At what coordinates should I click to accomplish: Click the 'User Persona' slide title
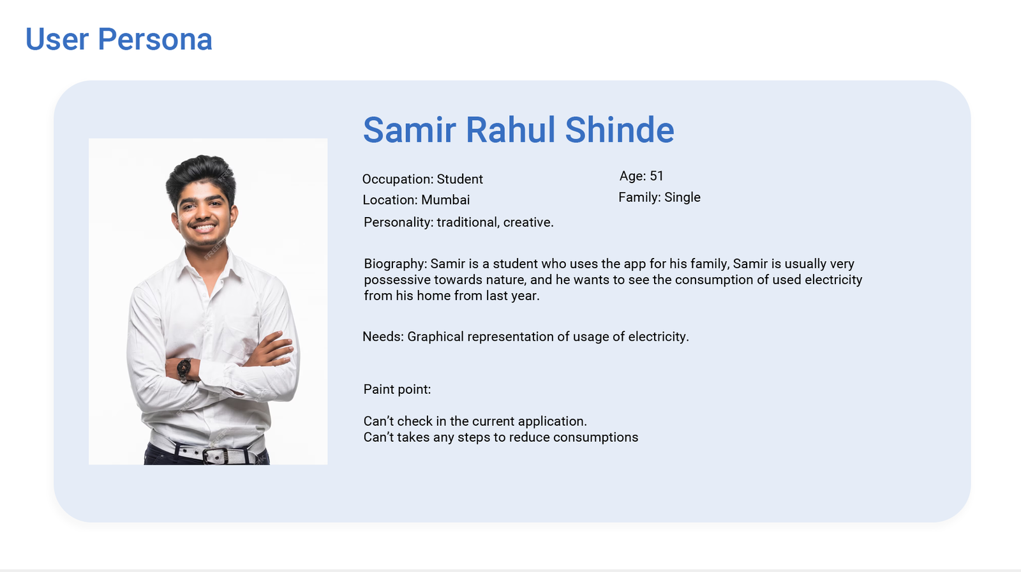(x=119, y=39)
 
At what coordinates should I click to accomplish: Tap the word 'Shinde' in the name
(x=620, y=130)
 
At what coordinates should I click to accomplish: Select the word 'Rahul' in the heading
(x=511, y=130)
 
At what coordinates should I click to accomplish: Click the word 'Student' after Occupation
(x=459, y=179)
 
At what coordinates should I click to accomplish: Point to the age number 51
(x=657, y=176)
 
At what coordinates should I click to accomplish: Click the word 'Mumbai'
(x=445, y=200)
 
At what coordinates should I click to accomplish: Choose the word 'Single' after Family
(x=682, y=197)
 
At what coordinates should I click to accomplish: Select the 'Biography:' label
(x=395, y=264)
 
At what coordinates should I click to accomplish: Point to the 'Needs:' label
(x=383, y=336)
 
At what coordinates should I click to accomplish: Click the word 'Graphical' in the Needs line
(x=435, y=336)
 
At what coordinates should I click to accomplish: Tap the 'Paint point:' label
(x=396, y=389)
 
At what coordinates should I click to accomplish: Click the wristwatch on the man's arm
(x=184, y=368)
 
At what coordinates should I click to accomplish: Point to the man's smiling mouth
(x=204, y=227)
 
